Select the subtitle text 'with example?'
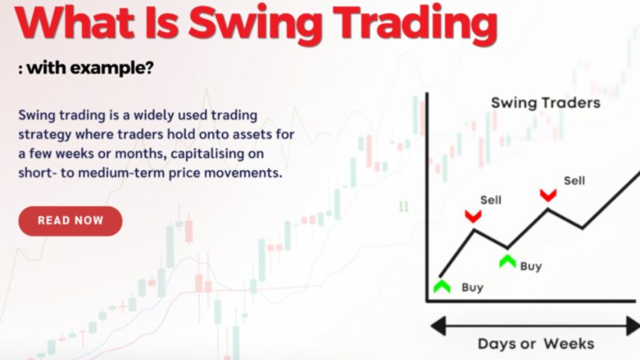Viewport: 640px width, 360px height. pos(90,68)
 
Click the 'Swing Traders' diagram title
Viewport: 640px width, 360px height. pos(545,103)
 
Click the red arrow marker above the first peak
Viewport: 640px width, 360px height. pos(473,216)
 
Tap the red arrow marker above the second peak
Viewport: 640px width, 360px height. pos(548,195)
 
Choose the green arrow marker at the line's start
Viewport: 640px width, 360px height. pos(442,286)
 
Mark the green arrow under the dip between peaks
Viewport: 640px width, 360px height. pos(507,260)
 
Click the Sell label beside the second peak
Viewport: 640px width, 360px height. pos(574,180)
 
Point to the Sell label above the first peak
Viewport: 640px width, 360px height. pos(490,200)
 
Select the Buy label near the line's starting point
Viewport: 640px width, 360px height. pos(472,287)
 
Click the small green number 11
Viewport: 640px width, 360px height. pos(403,206)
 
